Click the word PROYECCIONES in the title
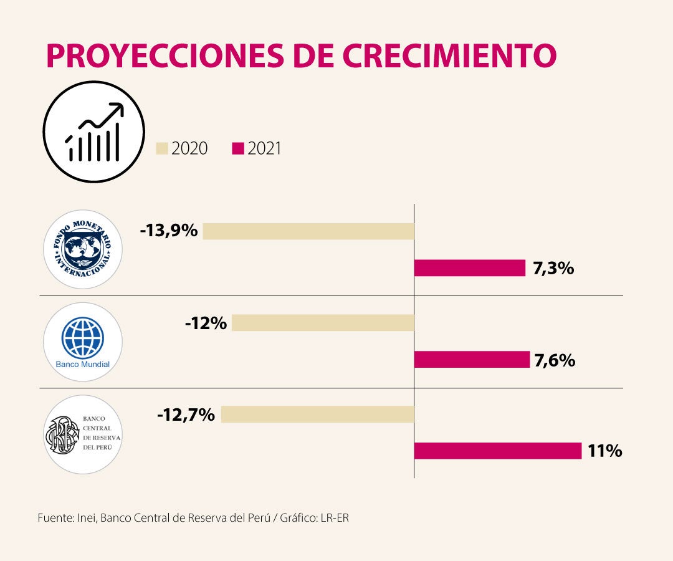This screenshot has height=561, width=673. [158, 55]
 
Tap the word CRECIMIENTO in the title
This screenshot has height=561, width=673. [449, 55]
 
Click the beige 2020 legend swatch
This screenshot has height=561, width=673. [162, 148]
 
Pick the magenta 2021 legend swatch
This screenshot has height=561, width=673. [237, 148]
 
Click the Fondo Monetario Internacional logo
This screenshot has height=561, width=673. [82, 249]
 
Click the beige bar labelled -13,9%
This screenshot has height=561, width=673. [308, 231]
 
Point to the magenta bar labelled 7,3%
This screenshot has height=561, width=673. [470, 268]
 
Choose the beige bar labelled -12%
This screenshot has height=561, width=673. [323, 323]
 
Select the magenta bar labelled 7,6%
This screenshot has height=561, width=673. [472, 360]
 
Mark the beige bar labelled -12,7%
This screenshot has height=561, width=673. [318, 415]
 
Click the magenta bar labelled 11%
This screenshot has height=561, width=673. [498, 451]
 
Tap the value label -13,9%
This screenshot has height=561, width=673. [169, 231]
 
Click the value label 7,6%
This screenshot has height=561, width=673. [554, 360]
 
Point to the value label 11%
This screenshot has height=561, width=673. [604, 451]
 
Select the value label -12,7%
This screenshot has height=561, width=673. [186, 414]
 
